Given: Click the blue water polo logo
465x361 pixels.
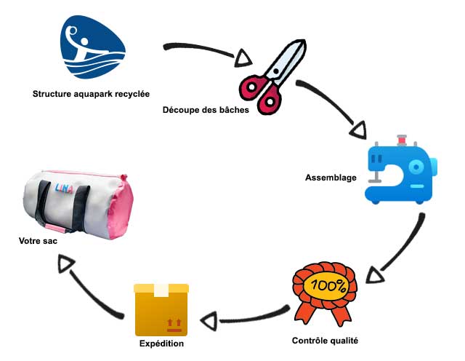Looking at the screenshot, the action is click(92, 47).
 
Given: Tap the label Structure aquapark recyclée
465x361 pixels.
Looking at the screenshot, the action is click(91, 94).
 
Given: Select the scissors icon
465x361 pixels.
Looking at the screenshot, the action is click(272, 76).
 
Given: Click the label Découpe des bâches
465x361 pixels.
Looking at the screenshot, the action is click(206, 110).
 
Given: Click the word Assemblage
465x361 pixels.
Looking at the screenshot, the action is click(331, 178).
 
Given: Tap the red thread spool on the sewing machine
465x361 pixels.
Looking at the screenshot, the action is click(402, 140).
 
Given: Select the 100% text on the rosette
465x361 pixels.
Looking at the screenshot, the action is click(328, 286).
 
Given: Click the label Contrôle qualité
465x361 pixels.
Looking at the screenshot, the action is click(325, 341).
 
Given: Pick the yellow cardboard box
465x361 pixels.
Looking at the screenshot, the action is click(161, 310).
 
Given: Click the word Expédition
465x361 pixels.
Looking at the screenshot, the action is click(161, 344).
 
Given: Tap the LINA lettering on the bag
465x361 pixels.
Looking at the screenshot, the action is click(64, 189).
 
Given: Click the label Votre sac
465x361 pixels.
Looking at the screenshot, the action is click(38, 241).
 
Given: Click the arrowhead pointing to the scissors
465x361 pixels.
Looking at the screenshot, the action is click(243, 58).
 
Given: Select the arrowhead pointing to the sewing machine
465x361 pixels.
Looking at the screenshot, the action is click(359, 130).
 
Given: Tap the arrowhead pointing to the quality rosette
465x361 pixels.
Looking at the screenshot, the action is click(375, 275).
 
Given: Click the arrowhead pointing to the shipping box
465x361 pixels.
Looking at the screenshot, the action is click(209, 321).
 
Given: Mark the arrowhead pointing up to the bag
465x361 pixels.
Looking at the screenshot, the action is click(66, 264).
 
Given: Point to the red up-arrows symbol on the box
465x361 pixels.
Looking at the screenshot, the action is click(174, 325).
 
